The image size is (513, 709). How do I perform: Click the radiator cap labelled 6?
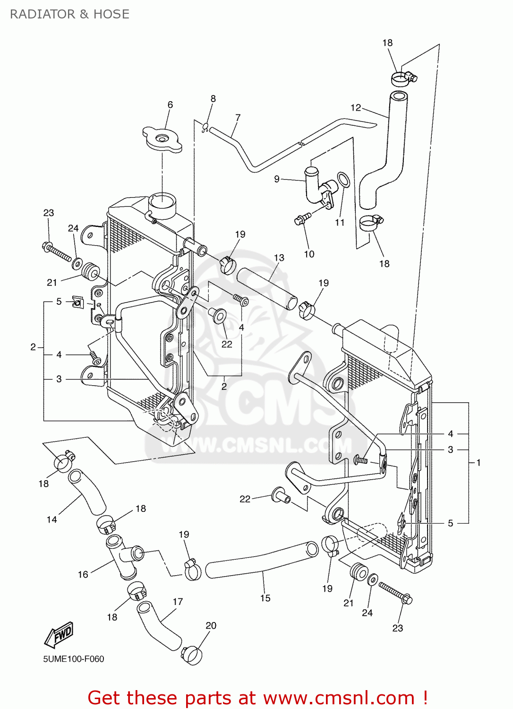[162, 139]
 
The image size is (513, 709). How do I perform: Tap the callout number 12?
[355, 108]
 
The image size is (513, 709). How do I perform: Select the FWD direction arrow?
[59, 634]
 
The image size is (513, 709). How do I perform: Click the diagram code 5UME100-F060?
[74, 659]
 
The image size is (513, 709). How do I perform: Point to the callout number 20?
[211, 625]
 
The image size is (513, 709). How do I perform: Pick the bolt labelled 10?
[302, 218]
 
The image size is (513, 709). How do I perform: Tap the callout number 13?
[279, 258]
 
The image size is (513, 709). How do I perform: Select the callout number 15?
[265, 598]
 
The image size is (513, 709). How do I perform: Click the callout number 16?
[83, 574]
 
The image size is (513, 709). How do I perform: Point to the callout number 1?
[479, 462]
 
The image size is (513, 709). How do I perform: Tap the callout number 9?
[277, 179]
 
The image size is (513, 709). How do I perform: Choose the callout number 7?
[238, 117]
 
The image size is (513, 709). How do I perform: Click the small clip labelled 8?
[205, 127]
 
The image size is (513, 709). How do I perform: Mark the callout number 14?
[51, 519]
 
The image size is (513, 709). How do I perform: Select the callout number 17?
[178, 602]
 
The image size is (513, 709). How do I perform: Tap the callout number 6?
[170, 104]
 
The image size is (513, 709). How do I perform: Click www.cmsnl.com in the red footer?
[339, 698]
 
